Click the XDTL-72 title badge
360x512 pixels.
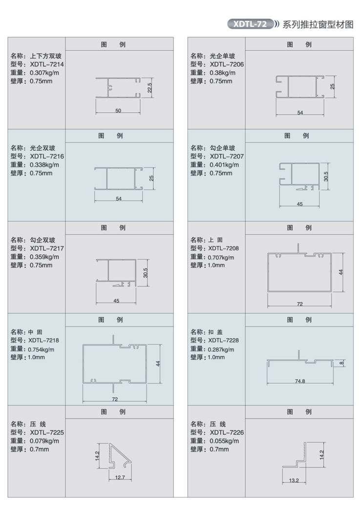tap(250, 24)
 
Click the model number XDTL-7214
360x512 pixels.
tap(47, 64)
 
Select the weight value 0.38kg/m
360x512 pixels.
tap(222, 73)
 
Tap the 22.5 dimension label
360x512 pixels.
tap(149, 88)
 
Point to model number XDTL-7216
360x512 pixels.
tap(47, 156)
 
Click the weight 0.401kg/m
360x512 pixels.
tap(224, 165)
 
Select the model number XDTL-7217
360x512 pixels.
tap(47, 248)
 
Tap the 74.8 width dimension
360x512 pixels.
tap(300, 381)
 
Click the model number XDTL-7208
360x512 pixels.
tap(223, 248)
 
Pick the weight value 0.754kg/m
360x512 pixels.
tap(41, 350)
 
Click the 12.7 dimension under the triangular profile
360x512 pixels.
tap(120, 477)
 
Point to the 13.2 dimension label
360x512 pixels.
tap(294, 480)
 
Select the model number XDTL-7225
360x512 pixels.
tap(47, 432)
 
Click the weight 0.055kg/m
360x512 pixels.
tap(224, 441)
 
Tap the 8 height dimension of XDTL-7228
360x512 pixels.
tap(341, 363)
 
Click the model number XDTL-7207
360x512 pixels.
tap(227, 156)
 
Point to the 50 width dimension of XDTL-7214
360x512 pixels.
tap(118, 111)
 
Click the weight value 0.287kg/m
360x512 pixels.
tap(221, 350)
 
